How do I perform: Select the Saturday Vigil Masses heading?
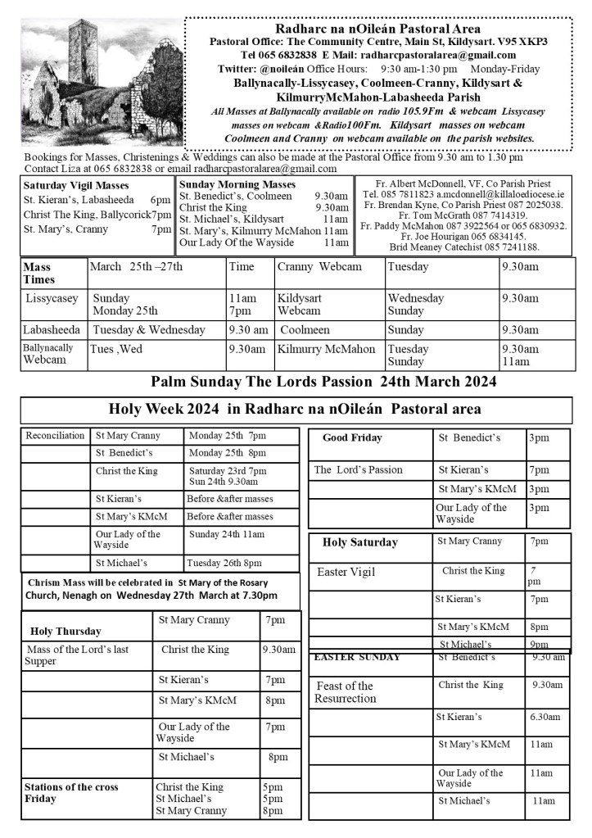(76, 185)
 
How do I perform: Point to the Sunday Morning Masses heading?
(237, 185)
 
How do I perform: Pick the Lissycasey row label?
(52, 299)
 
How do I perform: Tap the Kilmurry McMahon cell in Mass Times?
(326, 349)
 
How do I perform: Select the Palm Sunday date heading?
(323, 381)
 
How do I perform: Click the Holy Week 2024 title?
(295, 409)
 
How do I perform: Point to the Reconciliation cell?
(54, 436)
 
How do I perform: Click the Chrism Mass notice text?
(151, 588)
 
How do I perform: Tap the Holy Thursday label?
(66, 631)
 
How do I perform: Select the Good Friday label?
(352, 437)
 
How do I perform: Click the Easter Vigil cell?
(346, 572)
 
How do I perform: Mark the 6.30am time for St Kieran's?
(545, 717)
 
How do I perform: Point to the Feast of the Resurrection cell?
(344, 692)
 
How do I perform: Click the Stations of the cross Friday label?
(71, 792)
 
